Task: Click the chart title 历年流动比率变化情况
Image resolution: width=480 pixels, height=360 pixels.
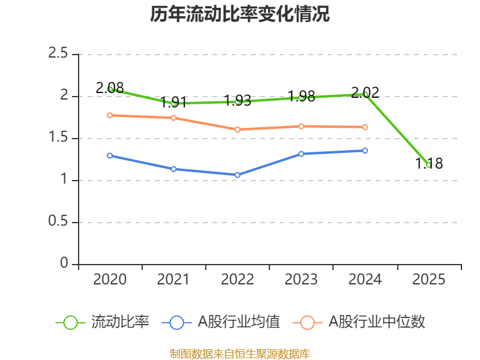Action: [x=239, y=14]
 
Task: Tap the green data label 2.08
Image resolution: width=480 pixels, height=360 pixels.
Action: [x=110, y=88]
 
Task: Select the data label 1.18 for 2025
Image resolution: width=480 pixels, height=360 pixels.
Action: [x=429, y=163]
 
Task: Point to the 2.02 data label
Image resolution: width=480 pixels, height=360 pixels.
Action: [x=365, y=93]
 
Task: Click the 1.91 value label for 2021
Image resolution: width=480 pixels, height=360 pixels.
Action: [x=173, y=102]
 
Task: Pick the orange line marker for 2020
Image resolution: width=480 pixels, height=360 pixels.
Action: [x=110, y=115]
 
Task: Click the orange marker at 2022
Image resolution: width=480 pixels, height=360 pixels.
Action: [x=237, y=130]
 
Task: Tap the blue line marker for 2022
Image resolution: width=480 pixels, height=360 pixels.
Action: [x=237, y=175]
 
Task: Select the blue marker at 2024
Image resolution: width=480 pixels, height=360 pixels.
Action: [x=365, y=151]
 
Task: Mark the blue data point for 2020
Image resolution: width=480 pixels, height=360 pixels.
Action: [x=110, y=156]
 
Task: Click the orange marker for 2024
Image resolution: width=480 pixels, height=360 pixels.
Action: [x=365, y=127]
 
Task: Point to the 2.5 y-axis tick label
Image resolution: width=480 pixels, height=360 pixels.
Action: [x=58, y=53]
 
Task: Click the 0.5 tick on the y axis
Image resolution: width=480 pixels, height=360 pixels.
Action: [x=58, y=221]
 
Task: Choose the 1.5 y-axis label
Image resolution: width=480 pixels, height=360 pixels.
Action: [x=58, y=137]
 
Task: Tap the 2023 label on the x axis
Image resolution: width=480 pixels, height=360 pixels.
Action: [x=301, y=280]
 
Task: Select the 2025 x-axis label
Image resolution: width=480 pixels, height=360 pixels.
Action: [x=428, y=280]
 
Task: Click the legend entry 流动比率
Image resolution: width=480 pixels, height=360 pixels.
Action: [x=103, y=322]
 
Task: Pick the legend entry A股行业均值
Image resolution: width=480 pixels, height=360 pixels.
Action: [x=221, y=322]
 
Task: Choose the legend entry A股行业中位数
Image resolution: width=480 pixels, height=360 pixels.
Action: [x=359, y=322]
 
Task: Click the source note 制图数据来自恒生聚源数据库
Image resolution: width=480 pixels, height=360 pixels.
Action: [x=239, y=354]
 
